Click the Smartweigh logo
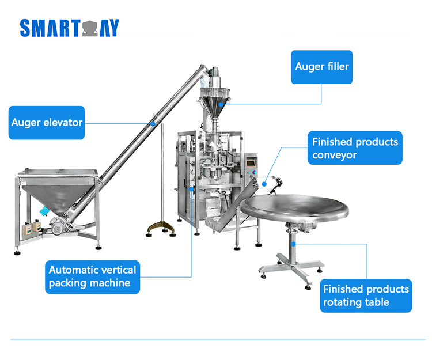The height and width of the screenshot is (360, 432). click(69, 28)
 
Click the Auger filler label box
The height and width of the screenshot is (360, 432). click(321, 66)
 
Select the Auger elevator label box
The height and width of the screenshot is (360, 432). click(47, 122)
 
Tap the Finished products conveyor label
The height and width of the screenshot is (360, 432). click(355, 148)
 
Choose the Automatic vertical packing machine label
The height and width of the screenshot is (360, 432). click(92, 276)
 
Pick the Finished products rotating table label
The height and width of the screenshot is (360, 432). click(366, 295)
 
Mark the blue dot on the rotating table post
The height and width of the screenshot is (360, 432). click(293, 244)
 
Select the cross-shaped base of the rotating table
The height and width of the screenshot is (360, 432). click(290, 266)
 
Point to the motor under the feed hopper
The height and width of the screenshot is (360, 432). click(58, 228)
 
